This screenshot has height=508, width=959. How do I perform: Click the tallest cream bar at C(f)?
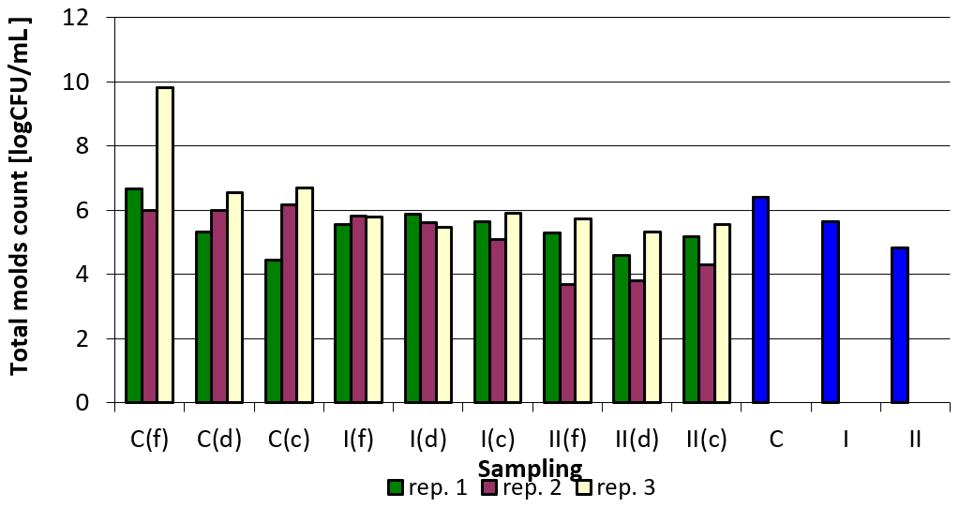[165, 245]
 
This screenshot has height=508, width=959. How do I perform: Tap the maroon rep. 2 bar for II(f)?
[567, 343]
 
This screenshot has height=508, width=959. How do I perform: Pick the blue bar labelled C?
[760, 299]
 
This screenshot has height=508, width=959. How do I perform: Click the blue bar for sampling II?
[899, 324]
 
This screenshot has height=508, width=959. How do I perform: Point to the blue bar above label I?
[830, 311]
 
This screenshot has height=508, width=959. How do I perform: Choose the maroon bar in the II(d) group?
[637, 341]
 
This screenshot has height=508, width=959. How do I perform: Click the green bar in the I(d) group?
[412, 308]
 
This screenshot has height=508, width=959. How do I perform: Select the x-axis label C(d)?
[219, 439]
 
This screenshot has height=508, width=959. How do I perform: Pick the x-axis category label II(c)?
[706, 439]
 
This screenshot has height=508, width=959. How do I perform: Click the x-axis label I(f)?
[358, 439]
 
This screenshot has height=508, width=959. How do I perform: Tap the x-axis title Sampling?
[530, 468]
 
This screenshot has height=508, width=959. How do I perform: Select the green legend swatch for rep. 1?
[396, 487]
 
